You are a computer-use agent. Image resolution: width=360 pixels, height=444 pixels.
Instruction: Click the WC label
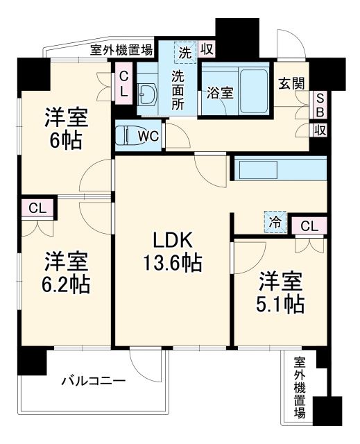(148, 135)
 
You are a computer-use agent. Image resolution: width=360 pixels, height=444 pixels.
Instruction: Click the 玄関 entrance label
(292, 83)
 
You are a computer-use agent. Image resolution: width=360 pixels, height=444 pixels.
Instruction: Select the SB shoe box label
(320, 105)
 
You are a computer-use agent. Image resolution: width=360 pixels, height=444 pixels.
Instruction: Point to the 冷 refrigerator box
(275, 223)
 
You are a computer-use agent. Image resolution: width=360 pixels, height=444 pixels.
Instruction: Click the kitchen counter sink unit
(280, 169)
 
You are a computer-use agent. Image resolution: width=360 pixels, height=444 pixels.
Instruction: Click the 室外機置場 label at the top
(121, 49)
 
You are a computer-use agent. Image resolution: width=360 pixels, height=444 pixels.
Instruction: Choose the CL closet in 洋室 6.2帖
(38, 207)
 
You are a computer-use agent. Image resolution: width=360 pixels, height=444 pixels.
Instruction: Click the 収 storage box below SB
(320, 130)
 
